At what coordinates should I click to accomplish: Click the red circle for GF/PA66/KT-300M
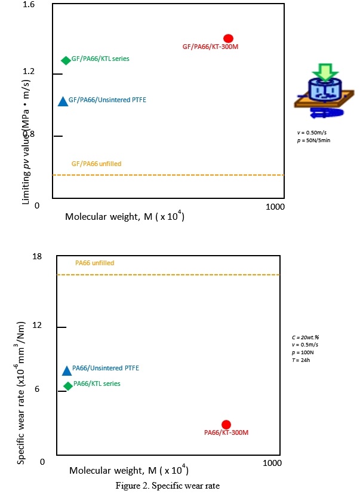pos(228,38)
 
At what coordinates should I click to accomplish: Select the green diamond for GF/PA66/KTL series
pos(66,60)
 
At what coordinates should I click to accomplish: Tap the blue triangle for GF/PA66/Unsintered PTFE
pos(63,101)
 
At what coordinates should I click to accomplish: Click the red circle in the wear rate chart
pos(226,424)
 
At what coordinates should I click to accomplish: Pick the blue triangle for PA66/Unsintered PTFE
pos(67,370)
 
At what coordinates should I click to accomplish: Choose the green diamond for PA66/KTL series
pos(68,386)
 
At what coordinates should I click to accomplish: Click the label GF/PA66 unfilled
pos(96,164)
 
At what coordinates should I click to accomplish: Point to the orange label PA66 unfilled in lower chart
pos(94,263)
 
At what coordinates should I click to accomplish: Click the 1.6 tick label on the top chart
pos(29,4)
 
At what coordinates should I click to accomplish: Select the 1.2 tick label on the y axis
pos(29,71)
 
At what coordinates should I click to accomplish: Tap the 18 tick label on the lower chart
pos(37,256)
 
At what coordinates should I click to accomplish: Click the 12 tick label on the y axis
pos(37,324)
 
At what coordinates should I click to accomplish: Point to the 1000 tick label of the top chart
pos(275,207)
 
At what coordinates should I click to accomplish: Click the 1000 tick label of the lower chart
pos(272,463)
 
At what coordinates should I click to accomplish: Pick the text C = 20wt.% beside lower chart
pos(301,337)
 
